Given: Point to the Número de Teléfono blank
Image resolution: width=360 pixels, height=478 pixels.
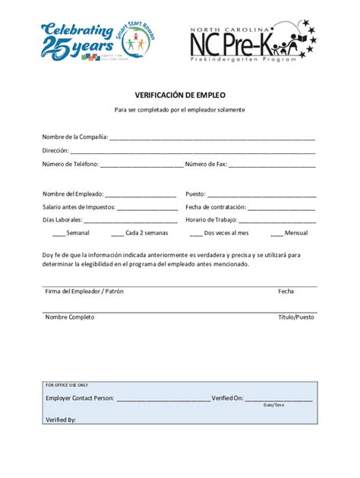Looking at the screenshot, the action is click(141, 165).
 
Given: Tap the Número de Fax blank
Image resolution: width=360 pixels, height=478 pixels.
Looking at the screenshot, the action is click(272, 165).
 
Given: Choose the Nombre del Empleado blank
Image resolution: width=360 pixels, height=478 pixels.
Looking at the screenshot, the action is click(141, 195).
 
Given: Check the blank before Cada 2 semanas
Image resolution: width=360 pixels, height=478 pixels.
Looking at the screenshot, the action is click(118, 234).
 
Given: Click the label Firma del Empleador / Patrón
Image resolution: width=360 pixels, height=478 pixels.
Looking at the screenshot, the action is click(84, 291).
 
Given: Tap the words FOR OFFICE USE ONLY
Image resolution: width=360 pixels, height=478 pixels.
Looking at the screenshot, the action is click(67, 385).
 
